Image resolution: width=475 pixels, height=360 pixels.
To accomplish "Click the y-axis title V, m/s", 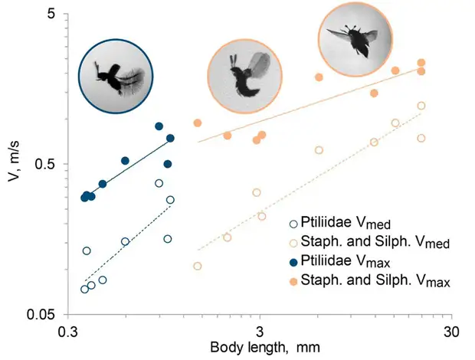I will [x=15, y=164].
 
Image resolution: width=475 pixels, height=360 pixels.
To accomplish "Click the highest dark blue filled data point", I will [x=159, y=126].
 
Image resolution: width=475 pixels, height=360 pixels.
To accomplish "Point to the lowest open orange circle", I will [x=198, y=266].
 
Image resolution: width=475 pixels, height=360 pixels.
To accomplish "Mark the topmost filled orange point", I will [x=421, y=63].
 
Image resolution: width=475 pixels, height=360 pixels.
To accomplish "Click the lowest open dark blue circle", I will [x=84, y=289].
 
